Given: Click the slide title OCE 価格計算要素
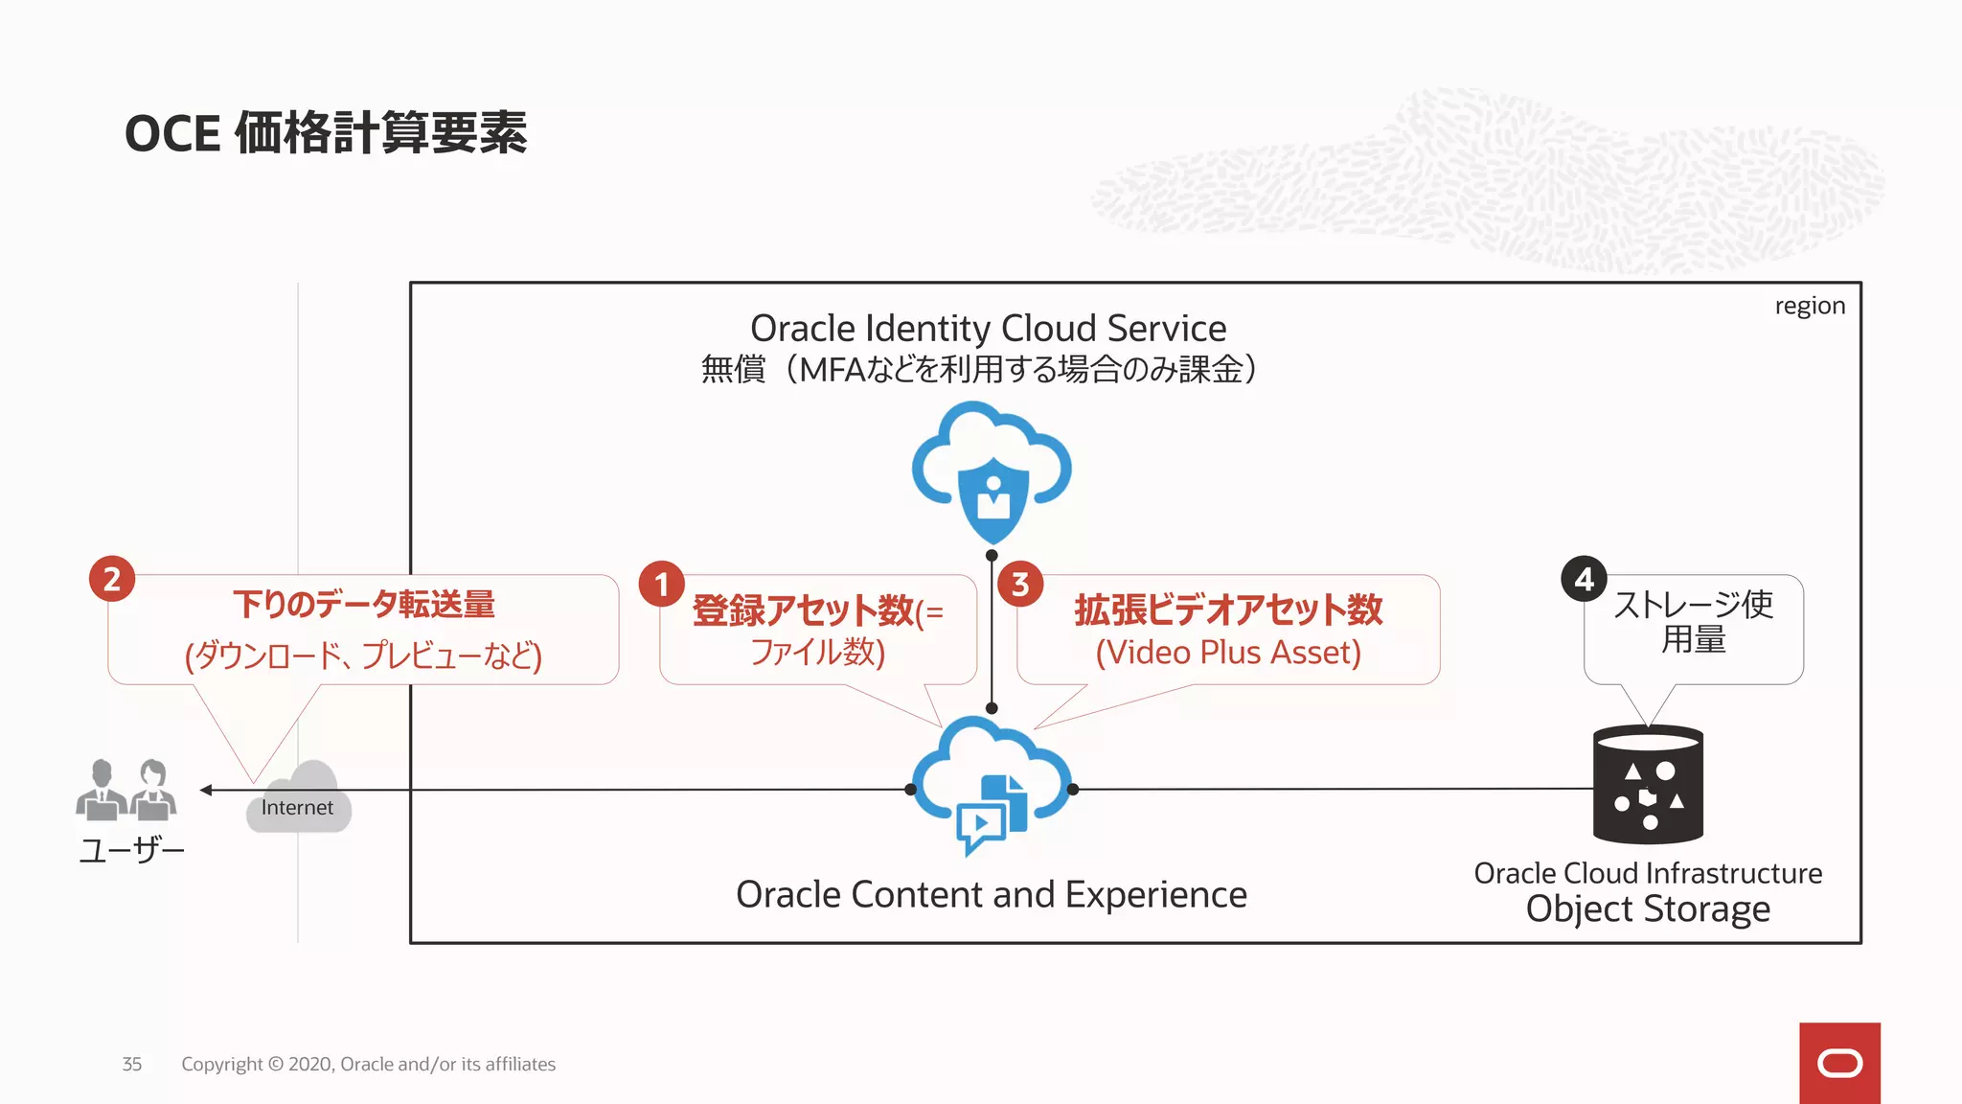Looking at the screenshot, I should point(326,132).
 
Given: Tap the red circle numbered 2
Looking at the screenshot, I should point(112,579).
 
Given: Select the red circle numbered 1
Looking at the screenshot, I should point(661,584).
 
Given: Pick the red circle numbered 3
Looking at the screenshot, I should point(1020,584).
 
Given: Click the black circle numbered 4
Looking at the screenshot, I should point(1584,579).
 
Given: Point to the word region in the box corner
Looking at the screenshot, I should point(1809,306).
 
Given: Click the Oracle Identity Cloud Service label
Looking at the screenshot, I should point(988,329).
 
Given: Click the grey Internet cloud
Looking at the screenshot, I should point(299,799).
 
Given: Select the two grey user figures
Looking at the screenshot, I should point(126,791).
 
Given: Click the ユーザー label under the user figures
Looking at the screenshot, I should point(131,850).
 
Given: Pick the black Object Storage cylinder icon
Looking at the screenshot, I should point(1648,784).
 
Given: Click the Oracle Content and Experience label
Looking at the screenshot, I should point(992,895).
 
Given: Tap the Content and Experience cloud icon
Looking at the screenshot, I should point(992,781).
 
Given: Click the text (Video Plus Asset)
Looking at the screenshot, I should point(1228,653).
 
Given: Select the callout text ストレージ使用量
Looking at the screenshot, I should point(1693,621).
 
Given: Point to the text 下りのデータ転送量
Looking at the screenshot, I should point(363,605).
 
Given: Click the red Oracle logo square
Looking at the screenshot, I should point(1839,1063).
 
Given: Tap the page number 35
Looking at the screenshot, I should point(132,1064).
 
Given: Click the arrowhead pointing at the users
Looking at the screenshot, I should point(206,790).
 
